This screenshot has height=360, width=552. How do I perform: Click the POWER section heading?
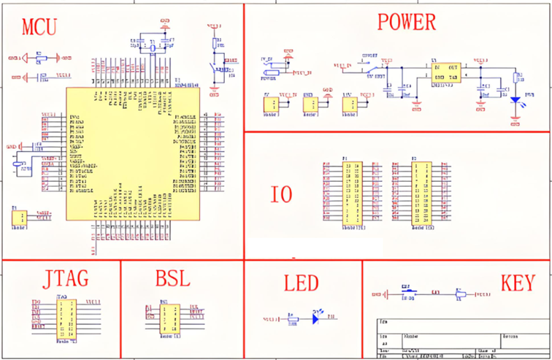click(x=406, y=23)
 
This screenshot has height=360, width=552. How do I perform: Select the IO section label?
click(x=281, y=194)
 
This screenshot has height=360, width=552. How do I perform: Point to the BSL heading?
click(x=172, y=279)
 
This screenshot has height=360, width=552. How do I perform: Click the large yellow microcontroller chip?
click(x=131, y=153)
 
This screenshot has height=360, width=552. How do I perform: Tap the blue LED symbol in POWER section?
click(x=515, y=100)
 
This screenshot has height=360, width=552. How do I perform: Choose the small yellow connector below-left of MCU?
click(x=21, y=218)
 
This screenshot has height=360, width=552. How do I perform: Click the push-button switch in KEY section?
click(x=410, y=294)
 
